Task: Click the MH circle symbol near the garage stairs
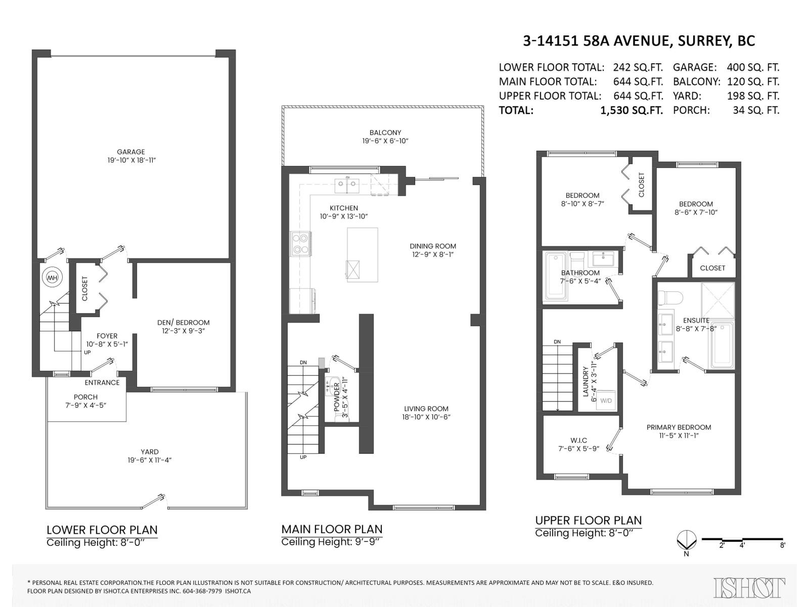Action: pos(53,278)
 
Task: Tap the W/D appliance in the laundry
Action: pos(606,400)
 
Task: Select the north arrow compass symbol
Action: pos(686,540)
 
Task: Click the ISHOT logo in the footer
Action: pos(749,587)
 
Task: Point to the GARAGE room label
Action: pos(131,152)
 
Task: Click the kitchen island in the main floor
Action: pos(363,254)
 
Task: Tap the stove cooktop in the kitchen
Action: pos(300,244)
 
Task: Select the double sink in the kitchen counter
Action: pos(347,185)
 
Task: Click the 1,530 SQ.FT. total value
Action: pos(632,110)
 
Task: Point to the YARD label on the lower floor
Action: pos(150,452)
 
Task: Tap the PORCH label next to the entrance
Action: pos(85,397)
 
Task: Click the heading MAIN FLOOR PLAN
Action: pos(332,529)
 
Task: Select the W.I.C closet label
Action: pos(578,441)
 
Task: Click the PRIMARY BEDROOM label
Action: pos(679,427)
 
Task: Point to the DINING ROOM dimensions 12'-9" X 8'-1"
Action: pos(433,254)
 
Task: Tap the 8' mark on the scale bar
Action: pos(783,546)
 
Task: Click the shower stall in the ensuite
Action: pos(717,300)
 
